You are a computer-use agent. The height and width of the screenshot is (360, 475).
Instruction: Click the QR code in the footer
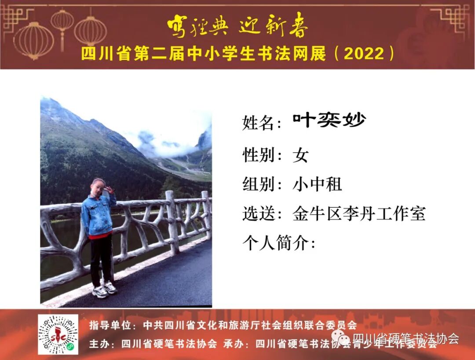(58, 334)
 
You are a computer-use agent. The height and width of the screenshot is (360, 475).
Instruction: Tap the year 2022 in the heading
(364, 54)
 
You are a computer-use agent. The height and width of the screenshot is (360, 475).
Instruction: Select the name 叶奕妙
(329, 120)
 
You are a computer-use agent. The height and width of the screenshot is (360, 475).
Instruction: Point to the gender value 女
(301, 155)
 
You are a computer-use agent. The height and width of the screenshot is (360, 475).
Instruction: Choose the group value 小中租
(317, 184)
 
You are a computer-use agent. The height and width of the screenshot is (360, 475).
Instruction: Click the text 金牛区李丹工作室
(359, 214)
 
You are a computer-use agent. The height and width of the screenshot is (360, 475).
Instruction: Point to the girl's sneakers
(105, 289)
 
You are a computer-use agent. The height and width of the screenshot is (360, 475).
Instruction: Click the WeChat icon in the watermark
(341, 338)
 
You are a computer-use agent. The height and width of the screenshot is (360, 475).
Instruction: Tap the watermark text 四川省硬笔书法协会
(406, 338)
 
